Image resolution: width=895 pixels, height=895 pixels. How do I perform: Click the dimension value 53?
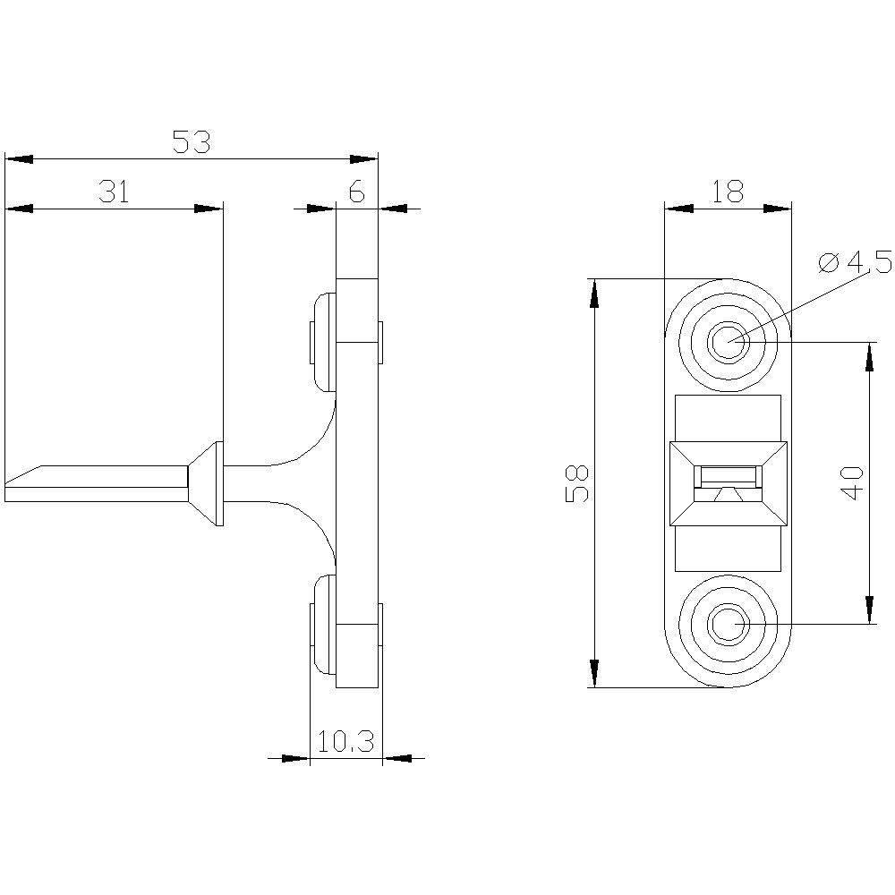click(191, 141)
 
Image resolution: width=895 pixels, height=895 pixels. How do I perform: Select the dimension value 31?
click(114, 192)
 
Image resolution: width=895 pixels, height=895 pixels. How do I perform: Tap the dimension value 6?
click(356, 192)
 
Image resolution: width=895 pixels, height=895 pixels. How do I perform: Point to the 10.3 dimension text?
click(345, 741)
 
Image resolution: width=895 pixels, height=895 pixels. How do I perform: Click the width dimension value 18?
click(727, 192)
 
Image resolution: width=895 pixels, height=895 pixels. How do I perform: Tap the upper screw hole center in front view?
click(727, 342)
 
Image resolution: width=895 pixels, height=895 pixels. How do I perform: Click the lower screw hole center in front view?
click(727, 623)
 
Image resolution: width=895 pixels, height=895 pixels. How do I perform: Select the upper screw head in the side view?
click(322, 342)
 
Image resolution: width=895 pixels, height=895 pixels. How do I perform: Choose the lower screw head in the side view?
click(322, 623)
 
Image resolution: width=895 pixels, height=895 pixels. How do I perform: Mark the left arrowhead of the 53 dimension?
click(18, 159)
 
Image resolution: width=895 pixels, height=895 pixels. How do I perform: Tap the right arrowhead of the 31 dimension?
click(209, 209)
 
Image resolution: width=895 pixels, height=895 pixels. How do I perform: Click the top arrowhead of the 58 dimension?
click(592, 291)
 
